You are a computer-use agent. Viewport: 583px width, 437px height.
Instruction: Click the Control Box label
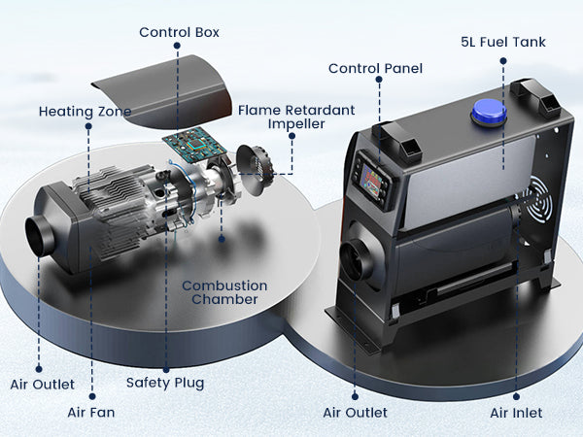[x=179, y=32]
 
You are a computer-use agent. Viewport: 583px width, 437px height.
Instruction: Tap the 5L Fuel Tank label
[x=502, y=43]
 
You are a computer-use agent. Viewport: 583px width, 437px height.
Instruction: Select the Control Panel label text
[x=374, y=68]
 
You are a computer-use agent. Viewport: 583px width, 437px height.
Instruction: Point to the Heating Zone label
[x=85, y=111]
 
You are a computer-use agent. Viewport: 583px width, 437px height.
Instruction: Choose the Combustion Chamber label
[x=224, y=292]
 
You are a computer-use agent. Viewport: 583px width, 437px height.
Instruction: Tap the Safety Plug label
[x=165, y=383]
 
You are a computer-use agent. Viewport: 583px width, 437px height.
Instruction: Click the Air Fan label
[x=91, y=412]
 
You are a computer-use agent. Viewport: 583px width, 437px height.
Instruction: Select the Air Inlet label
[x=516, y=413]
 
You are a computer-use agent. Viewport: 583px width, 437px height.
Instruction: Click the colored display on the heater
[x=370, y=185]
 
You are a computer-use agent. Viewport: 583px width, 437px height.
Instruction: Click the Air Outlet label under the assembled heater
[x=355, y=413]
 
